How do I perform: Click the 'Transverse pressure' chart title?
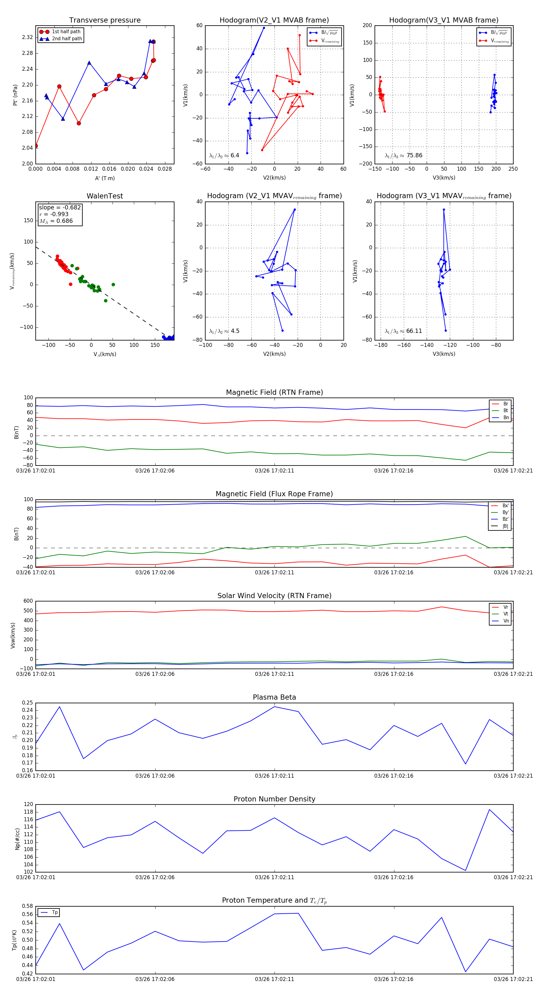click(105, 20)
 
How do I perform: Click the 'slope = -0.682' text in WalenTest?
click(60, 207)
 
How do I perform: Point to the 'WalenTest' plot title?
click(105, 196)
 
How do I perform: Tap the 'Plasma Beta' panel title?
click(274, 697)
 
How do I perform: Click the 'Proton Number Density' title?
click(274, 799)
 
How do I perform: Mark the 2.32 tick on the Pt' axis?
click(27, 37)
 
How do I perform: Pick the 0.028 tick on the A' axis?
click(165, 169)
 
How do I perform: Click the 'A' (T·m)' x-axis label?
click(105, 178)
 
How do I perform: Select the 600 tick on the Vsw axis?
click(28, 601)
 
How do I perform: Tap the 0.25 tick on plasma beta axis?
click(27, 703)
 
